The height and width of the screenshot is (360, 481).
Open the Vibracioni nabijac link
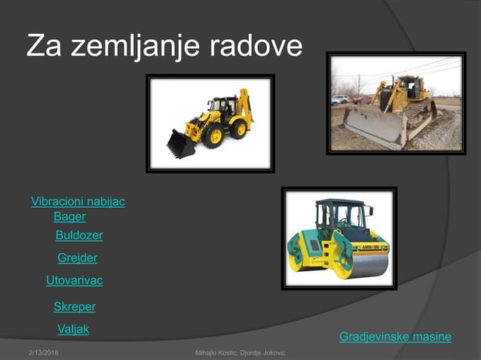coord(78,202)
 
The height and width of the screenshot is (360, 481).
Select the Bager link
coord(69,217)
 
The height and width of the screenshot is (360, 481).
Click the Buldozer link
coord(79,236)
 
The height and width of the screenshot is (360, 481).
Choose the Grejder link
coord(78,258)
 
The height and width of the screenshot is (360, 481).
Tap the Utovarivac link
coord(74,281)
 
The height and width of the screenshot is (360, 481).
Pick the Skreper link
coord(74,307)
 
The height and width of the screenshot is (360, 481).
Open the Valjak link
coord(73,329)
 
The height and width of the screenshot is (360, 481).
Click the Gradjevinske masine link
coord(395,337)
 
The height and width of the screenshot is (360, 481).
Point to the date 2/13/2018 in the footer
coord(44,352)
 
